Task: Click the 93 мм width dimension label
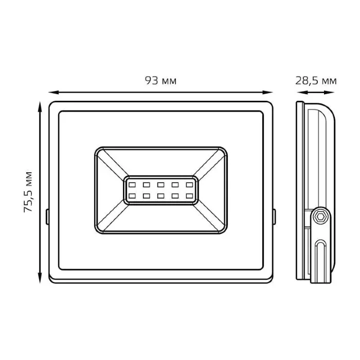pos(160,81)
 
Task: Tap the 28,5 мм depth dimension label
pos(316,81)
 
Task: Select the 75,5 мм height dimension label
pos(28,192)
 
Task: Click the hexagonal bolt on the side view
pos(319,217)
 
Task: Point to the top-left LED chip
pos(132,185)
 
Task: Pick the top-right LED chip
pos(189,185)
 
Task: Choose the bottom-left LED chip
pos(132,196)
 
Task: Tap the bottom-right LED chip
pos(189,196)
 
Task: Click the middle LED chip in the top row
pos(160,185)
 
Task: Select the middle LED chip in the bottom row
pos(160,196)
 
